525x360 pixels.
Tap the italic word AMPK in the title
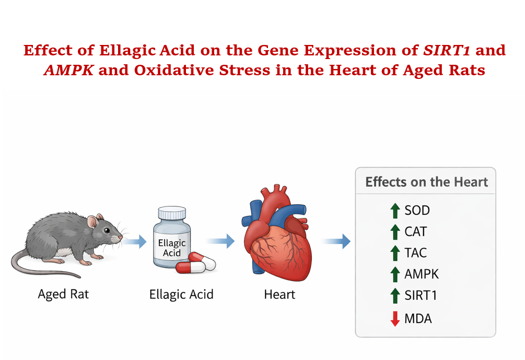tap(68, 71)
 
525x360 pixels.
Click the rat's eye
tap(107, 230)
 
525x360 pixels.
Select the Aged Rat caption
tap(63, 294)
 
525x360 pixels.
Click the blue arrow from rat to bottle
tap(135, 241)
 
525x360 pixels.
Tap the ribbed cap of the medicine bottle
tap(172, 213)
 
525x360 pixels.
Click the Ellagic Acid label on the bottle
tap(172, 248)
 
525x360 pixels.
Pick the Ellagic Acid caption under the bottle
tap(181, 294)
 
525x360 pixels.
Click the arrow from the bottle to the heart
tap(220, 241)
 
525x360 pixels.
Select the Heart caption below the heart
tap(279, 294)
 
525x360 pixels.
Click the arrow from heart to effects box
tap(336, 241)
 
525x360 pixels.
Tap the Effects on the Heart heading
tap(427, 182)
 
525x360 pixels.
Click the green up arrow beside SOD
tap(395, 211)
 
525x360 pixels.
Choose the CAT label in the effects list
tap(415, 232)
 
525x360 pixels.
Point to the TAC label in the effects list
tap(415, 253)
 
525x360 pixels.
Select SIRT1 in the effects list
tap(421, 295)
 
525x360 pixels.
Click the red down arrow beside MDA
tap(395, 319)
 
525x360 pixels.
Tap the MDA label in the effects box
tap(418, 319)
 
